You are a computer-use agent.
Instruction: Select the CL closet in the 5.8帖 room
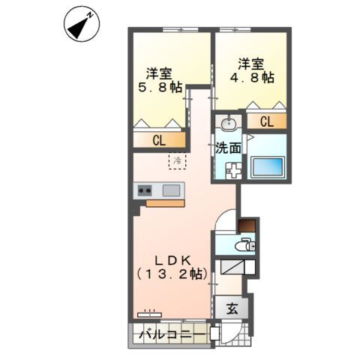pyautogui.click(x=160, y=139)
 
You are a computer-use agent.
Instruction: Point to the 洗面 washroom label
pyautogui.click(x=229, y=148)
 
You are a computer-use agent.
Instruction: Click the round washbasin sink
pyautogui.click(x=229, y=123)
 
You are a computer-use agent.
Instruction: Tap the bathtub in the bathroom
pyautogui.click(x=268, y=166)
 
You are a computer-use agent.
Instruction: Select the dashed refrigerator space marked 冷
pyautogui.click(x=178, y=160)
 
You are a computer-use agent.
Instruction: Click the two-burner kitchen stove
pyautogui.click(x=145, y=190)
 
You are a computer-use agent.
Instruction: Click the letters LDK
pyautogui.click(x=172, y=259)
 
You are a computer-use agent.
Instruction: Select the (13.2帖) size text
pyautogui.click(x=172, y=275)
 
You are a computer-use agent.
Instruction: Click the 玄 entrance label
pyautogui.click(x=232, y=307)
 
